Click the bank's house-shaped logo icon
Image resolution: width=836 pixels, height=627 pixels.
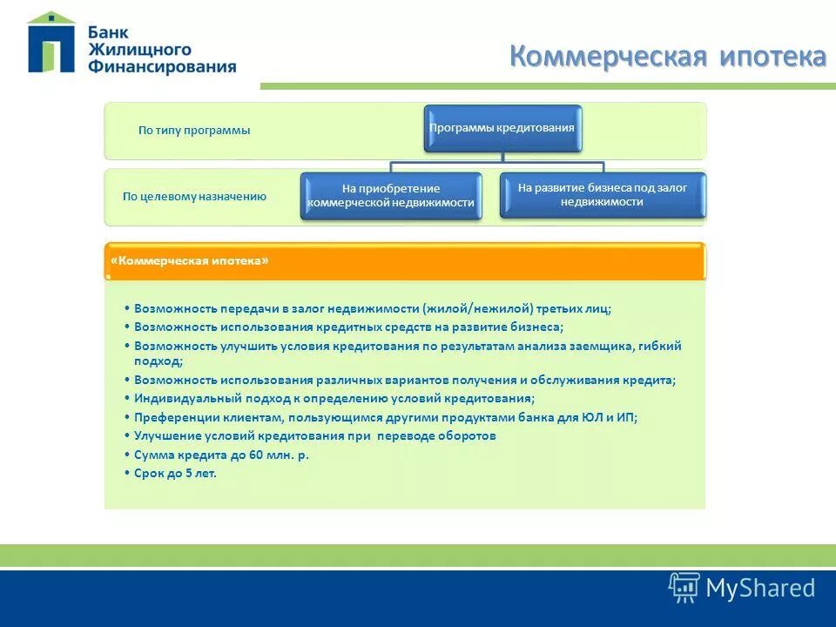[x=51, y=44]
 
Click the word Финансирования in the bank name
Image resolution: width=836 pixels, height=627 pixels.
[x=161, y=67]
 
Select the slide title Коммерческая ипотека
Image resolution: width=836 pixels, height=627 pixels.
[x=667, y=57]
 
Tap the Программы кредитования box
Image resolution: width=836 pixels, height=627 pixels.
[x=502, y=128]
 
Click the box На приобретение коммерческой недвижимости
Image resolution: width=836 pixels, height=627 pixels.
[x=391, y=196]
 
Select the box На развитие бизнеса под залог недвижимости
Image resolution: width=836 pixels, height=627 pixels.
[x=603, y=194]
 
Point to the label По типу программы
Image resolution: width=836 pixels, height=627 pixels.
[x=194, y=131]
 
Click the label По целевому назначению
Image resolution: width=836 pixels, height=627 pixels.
[x=194, y=197]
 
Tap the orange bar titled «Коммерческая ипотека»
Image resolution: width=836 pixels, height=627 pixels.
[x=405, y=261]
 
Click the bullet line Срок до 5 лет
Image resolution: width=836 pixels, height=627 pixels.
[x=174, y=474]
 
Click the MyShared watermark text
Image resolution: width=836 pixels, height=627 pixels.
[x=760, y=588]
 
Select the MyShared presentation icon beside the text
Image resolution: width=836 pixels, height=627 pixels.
[x=684, y=588]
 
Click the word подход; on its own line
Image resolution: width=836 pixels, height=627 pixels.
[x=158, y=361]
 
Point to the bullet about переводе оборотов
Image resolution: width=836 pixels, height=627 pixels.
[x=314, y=435]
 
